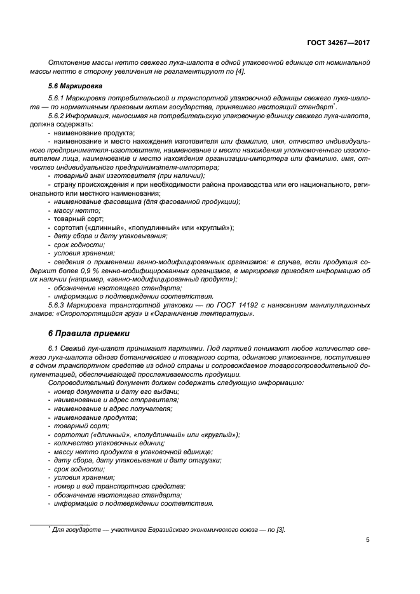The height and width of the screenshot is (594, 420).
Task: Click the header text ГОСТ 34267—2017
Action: [338, 43]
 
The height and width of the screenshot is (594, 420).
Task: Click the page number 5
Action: [368, 540]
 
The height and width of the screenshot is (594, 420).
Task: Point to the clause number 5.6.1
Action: [58, 98]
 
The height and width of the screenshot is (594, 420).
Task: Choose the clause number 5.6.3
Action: [58, 305]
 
